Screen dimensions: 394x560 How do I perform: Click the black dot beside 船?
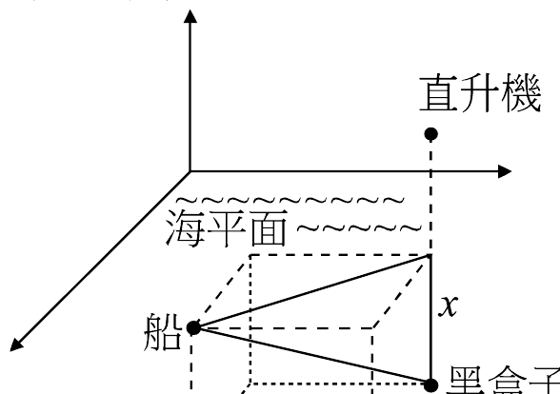193,327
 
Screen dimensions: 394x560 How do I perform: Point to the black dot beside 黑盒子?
430,384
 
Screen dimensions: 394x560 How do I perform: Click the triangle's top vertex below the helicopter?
430,255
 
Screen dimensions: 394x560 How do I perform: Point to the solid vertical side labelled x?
430,319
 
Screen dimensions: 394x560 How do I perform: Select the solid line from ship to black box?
311,356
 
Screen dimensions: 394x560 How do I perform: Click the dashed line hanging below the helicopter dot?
430,195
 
